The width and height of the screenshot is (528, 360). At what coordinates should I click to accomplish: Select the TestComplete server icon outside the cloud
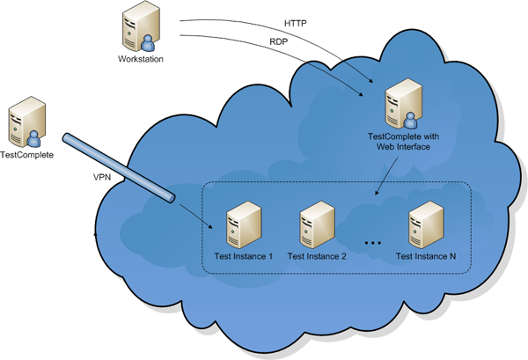pyautogui.click(x=24, y=124)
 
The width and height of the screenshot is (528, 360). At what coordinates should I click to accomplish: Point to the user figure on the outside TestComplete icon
pyautogui.click(x=33, y=138)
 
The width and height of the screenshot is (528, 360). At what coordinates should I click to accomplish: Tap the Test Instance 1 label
pyautogui.click(x=243, y=257)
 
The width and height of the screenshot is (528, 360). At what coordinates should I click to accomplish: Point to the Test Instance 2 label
pyautogui.click(x=317, y=257)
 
